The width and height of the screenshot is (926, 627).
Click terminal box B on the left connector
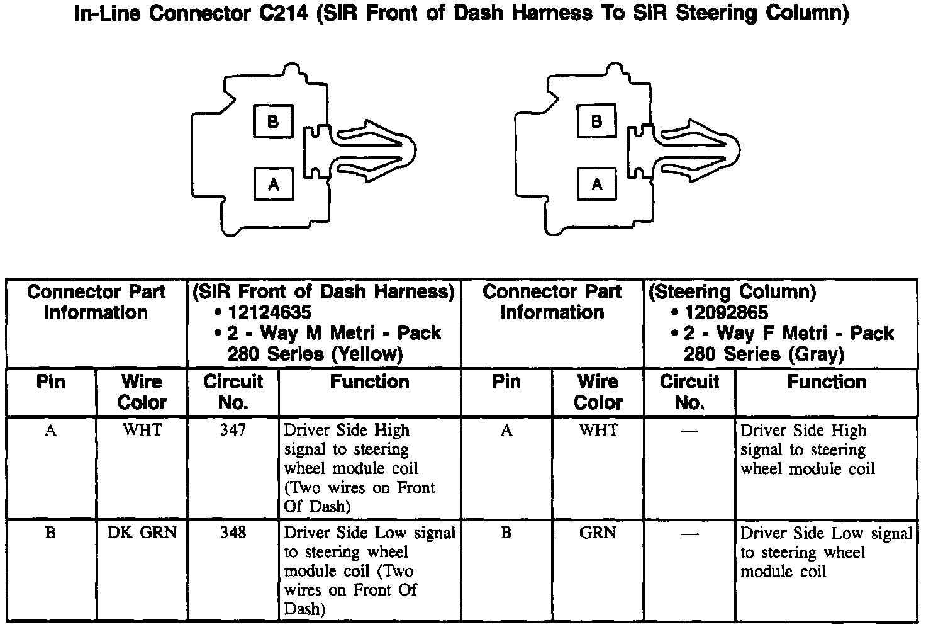pos(273,121)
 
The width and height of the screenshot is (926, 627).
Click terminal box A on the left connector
pos(273,183)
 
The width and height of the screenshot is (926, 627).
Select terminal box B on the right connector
pos(597,121)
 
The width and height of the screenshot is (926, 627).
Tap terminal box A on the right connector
pos(597,183)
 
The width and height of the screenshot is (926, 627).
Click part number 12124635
pos(270,312)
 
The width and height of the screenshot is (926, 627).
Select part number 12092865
pos(726,312)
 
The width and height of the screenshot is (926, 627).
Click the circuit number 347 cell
pos(233,431)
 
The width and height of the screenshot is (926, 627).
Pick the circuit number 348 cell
pos(233,533)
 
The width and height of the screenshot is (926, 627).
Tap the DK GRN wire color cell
pos(142,533)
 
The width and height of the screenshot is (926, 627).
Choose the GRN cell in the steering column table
pos(598,533)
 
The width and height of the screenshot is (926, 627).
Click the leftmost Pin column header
pos(51,382)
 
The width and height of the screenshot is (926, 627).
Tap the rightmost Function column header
pos(827,382)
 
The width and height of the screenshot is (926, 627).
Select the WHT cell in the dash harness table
pos(142,431)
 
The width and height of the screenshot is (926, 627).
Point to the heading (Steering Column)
pos(732,291)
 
